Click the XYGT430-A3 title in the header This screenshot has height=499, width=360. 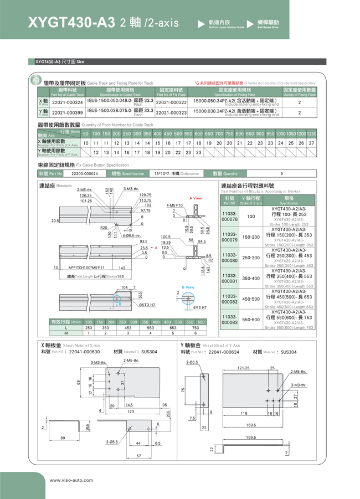[x=72, y=23]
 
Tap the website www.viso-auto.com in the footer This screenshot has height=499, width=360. [x=71, y=480]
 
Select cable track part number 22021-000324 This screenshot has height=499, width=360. [x=67, y=102]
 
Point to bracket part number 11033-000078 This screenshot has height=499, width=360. [x=229, y=217]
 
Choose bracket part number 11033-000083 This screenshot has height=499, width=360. [x=229, y=320]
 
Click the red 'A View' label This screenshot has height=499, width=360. [x=196, y=198]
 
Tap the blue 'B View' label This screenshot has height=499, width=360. [x=188, y=287]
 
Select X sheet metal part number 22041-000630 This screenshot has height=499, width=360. [x=85, y=352]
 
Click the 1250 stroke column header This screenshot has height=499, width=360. [x=311, y=134]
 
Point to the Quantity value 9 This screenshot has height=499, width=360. [x=281, y=173]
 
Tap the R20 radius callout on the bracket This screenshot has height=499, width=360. [x=104, y=228]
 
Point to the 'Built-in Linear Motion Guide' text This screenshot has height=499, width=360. [x=226, y=27]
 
